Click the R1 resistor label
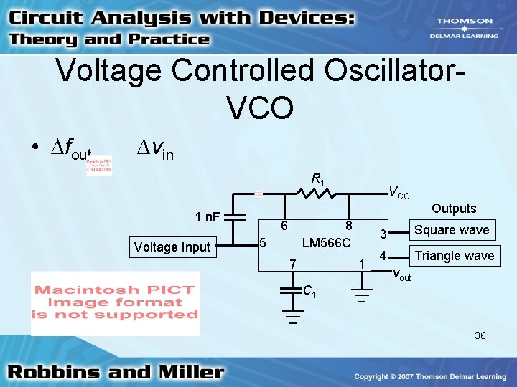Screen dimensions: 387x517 [x=317, y=178]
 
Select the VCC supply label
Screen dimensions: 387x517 [x=399, y=192]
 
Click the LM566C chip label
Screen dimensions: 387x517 [x=326, y=243]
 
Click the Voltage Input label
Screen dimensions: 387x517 [x=172, y=247]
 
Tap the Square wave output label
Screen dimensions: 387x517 [x=452, y=229]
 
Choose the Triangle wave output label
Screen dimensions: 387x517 [x=455, y=256]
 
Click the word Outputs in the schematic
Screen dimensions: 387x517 [x=454, y=209]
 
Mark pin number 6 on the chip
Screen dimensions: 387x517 [x=284, y=225]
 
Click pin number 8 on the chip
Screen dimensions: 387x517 [x=348, y=225]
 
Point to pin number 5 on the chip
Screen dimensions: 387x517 [x=263, y=243]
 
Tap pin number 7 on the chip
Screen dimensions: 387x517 [x=292, y=264]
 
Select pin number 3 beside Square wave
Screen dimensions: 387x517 [x=383, y=234]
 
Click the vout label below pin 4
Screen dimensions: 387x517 [x=401, y=274]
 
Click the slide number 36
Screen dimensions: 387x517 [x=480, y=335]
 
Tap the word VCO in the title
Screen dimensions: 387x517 [x=259, y=107]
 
